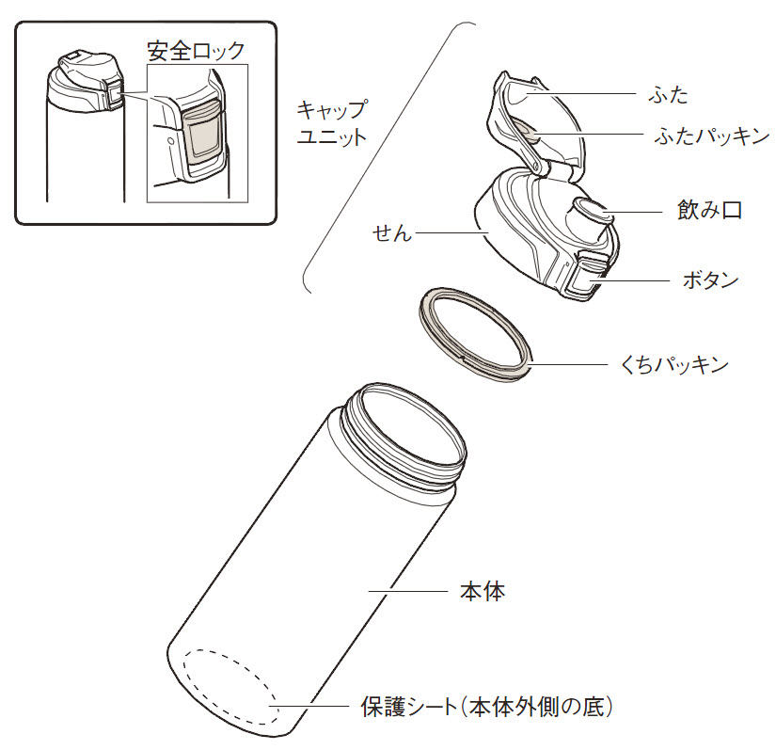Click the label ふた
click(668, 94)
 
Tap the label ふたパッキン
click(712, 136)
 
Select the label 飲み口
click(709, 211)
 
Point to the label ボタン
click(711, 280)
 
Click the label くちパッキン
click(674, 365)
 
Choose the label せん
click(392, 232)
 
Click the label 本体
click(483, 591)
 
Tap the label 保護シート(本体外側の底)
click(486, 707)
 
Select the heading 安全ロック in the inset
click(197, 51)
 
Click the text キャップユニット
click(332, 122)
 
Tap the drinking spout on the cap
click(592, 212)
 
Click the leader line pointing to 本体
click(408, 591)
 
